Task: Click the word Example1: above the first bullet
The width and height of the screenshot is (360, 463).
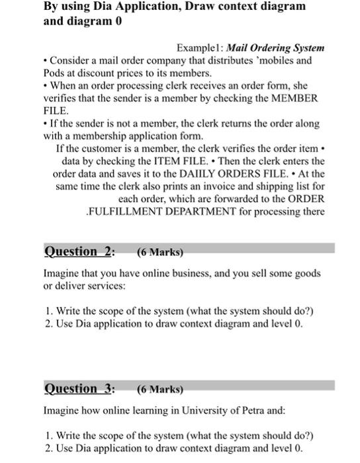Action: pyautogui.click(x=201, y=48)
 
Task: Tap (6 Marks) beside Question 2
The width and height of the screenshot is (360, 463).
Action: pyautogui.click(x=159, y=252)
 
